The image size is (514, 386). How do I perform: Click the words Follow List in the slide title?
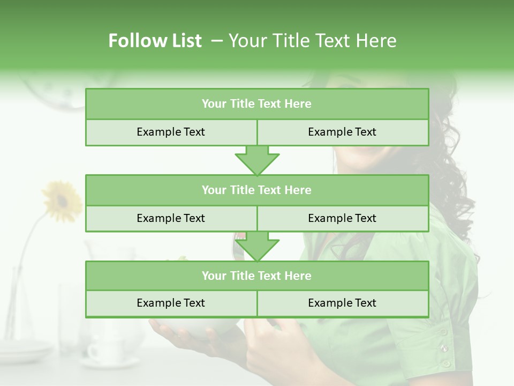click(x=155, y=41)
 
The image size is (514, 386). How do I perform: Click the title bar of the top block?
click(x=256, y=104)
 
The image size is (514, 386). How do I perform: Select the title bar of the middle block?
click(x=256, y=190)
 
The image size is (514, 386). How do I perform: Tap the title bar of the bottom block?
click(x=256, y=276)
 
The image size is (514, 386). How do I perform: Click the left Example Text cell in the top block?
click(x=171, y=132)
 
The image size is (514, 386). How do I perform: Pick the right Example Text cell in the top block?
click(x=342, y=132)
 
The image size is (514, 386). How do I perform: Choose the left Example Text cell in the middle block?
click(x=171, y=218)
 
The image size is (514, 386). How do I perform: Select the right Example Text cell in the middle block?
click(x=342, y=218)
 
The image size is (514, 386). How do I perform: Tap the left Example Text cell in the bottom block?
click(x=171, y=303)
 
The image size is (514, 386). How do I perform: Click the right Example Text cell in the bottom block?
click(x=342, y=303)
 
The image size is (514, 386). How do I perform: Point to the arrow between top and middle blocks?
click(x=257, y=160)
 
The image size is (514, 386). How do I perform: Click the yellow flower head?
click(x=62, y=201)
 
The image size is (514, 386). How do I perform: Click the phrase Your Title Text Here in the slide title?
click(x=312, y=41)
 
